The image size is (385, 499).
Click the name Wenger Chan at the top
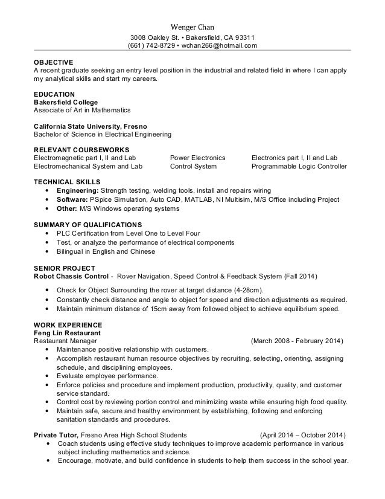pos(192,27)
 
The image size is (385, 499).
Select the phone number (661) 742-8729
pos(150,45)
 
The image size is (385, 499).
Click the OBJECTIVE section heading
pos(53,62)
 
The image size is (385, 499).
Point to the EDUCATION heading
pos(54,94)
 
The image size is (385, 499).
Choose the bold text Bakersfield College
pos(66,102)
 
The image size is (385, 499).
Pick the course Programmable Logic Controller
pos(299,166)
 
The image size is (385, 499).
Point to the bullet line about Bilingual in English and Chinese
pos(106,251)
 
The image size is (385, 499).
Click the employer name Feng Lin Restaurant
pos(66,333)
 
